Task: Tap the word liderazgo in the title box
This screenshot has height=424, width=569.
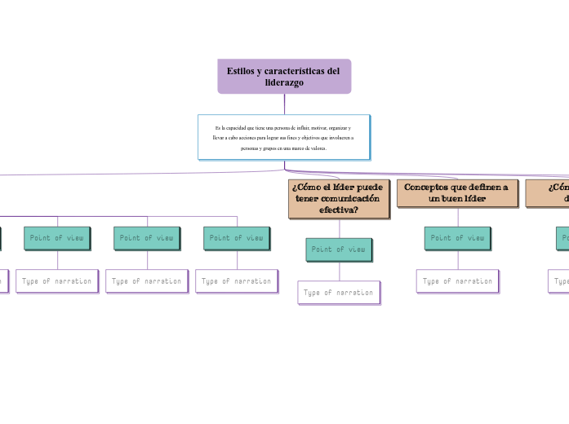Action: (284, 82)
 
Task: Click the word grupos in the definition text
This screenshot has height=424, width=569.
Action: (267, 148)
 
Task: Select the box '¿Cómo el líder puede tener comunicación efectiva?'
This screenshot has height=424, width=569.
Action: (339, 198)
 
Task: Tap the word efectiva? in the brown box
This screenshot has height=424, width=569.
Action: (339, 210)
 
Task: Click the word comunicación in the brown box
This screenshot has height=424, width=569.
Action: (349, 198)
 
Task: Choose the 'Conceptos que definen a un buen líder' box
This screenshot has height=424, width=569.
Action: (457, 192)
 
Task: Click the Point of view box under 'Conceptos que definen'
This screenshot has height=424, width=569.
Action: (457, 238)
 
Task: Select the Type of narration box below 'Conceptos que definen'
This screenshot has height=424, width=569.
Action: (457, 280)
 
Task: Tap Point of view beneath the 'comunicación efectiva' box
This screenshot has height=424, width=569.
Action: (339, 250)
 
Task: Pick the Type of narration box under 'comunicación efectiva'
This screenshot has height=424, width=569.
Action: (339, 292)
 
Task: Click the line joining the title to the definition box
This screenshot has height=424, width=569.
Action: (284, 104)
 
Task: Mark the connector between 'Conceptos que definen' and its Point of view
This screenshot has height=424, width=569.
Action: (457, 217)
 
